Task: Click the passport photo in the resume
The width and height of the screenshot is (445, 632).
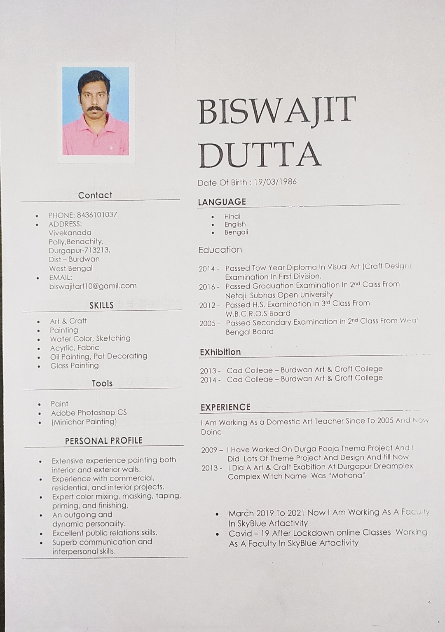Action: (96, 111)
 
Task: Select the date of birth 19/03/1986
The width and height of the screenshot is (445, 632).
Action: (275, 182)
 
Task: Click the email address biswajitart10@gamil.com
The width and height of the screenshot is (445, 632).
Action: (93, 286)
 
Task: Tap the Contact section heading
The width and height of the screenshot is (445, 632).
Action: (95, 195)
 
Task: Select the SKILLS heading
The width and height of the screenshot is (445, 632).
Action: (101, 305)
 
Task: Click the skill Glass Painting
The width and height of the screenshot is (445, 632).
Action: (75, 365)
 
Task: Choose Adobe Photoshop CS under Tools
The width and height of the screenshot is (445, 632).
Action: (89, 412)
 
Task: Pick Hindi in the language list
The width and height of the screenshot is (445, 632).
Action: (232, 216)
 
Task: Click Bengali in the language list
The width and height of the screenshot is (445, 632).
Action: (236, 232)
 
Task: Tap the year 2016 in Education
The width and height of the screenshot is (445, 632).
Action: (207, 287)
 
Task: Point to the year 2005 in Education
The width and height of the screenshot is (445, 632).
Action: (207, 323)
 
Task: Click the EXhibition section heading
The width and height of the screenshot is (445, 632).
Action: (220, 352)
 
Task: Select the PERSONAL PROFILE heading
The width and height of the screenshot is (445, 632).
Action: (104, 440)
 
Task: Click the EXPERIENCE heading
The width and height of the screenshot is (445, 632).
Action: (225, 407)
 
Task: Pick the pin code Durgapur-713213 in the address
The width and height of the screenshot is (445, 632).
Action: (80, 250)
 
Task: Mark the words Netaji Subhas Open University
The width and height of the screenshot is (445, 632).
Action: (279, 295)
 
